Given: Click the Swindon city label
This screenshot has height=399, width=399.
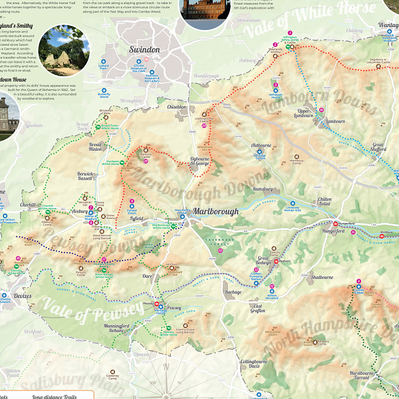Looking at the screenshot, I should click(144, 49).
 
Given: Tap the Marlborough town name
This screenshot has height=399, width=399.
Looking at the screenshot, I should click(216, 211).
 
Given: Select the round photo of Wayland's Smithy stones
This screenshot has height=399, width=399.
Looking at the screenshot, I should click(63, 50).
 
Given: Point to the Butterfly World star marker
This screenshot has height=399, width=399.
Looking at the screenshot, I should click(104, 89).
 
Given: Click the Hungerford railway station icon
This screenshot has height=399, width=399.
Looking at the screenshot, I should click(335, 224).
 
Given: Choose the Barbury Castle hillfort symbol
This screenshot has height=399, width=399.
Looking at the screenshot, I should click(146, 150).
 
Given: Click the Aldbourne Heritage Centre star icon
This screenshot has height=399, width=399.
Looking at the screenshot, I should click(259, 151).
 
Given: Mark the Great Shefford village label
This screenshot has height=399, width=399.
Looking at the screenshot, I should click(378, 147).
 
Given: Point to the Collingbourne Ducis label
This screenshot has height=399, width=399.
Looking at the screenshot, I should click(253, 364).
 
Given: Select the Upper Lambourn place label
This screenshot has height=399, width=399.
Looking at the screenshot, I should click(305, 113).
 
